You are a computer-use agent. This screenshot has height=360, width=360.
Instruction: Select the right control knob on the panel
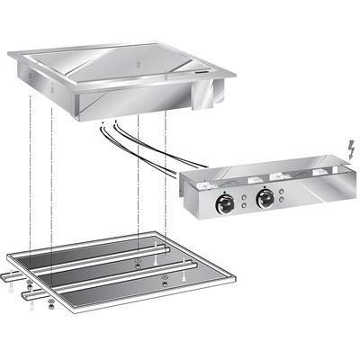tap(263, 199)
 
